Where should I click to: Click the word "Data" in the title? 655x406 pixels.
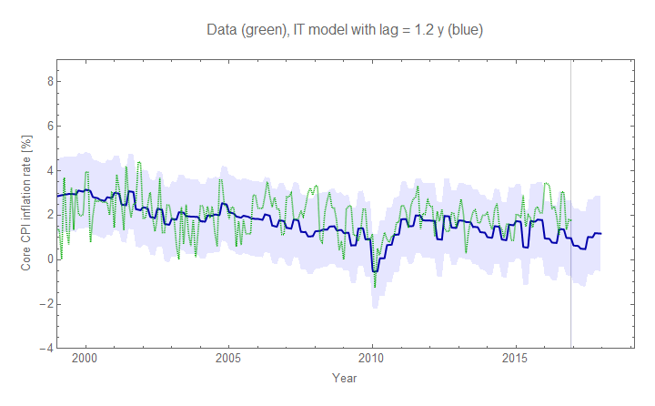coord(223,31)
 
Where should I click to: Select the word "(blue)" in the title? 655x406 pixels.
coord(463,31)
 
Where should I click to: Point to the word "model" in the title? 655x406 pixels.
coord(335,31)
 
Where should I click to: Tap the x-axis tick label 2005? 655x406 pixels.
coord(228,360)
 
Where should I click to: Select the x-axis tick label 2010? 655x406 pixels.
coord(372,360)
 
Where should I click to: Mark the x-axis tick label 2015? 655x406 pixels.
coord(516,360)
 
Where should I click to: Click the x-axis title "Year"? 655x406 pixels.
coord(344,378)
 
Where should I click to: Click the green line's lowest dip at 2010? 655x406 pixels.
coord(375,287)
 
